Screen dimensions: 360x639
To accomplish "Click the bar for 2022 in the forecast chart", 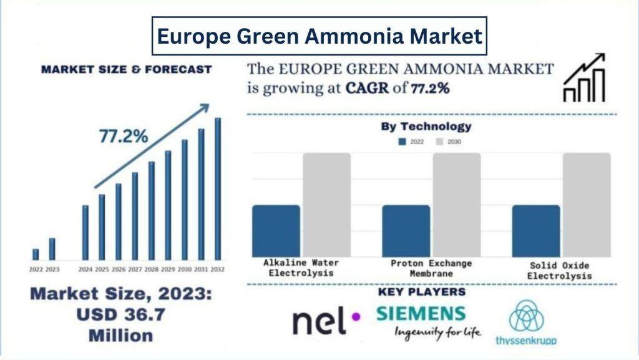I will [x=36, y=254].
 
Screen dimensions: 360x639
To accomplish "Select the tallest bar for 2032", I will [x=218, y=188].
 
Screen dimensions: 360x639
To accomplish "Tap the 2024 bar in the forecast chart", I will [x=85, y=232].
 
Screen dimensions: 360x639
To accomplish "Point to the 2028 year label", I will [x=151, y=270].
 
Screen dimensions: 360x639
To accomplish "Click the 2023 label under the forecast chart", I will [x=52, y=270].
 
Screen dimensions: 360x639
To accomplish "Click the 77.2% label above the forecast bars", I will [x=124, y=137].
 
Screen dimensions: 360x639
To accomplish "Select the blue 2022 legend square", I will [x=402, y=142].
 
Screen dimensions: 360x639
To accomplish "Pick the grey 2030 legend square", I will [x=439, y=142].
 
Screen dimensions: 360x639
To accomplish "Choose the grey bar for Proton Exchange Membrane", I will [x=457, y=204].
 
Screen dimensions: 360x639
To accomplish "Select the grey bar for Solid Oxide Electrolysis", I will [x=587, y=204].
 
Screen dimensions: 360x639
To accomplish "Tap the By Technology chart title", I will [x=426, y=127].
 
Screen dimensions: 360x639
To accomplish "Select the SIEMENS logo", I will [x=421, y=314].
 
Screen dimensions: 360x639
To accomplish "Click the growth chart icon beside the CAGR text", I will [x=584, y=77].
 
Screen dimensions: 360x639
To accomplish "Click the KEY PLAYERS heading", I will [x=422, y=292].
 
